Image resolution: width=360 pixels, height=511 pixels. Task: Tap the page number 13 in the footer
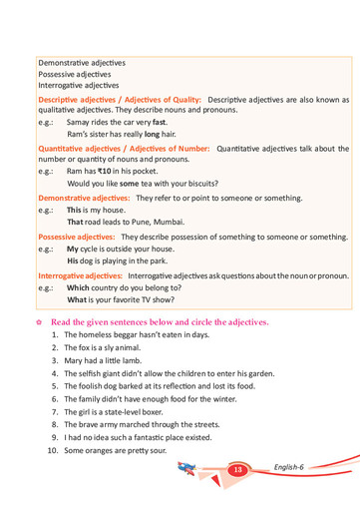tap(237, 469)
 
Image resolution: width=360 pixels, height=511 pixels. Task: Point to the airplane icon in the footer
tap(188, 468)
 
